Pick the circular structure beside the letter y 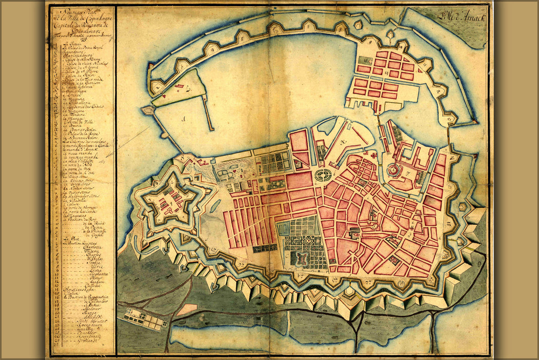[x=395, y=170]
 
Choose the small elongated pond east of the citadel [x=211, y=206]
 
